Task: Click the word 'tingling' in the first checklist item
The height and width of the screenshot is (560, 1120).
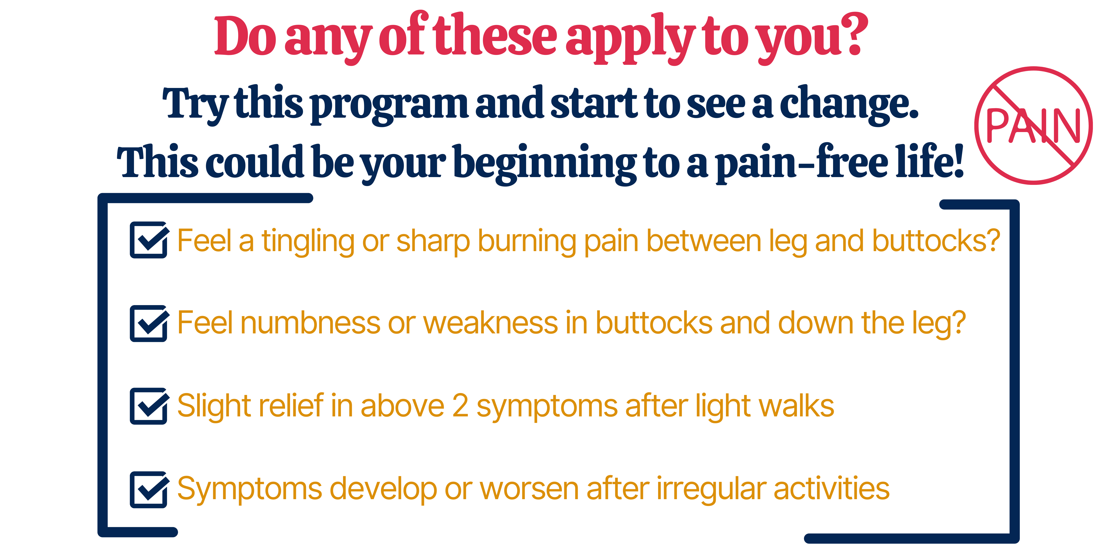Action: coord(308,242)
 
